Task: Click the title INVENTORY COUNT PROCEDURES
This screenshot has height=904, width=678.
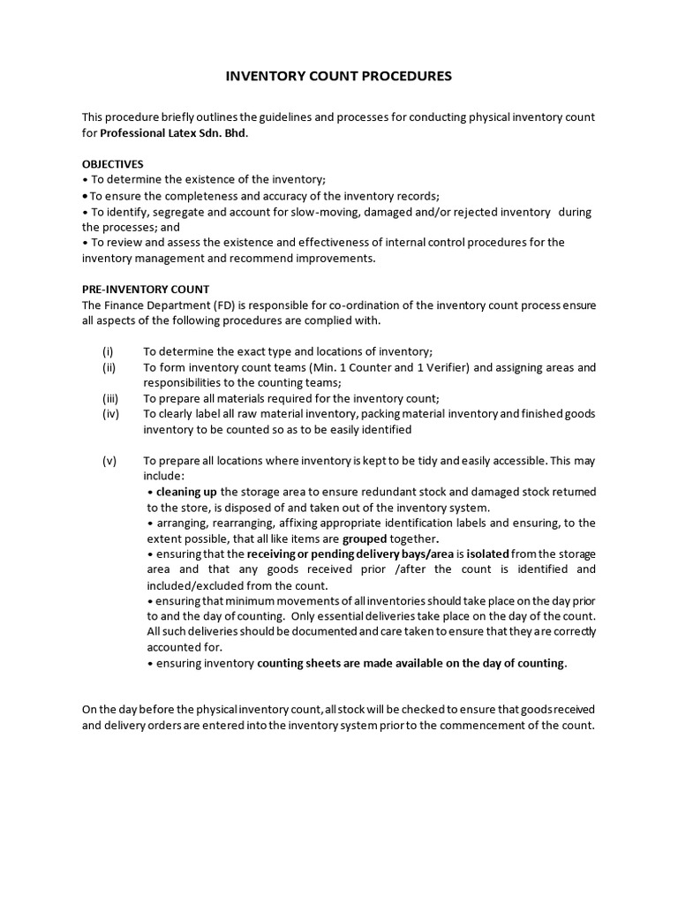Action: [x=339, y=77]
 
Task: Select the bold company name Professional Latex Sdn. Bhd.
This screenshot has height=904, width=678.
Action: [x=174, y=133]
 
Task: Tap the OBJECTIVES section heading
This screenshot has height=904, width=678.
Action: [x=113, y=164]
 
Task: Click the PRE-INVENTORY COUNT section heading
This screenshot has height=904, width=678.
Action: [x=146, y=289]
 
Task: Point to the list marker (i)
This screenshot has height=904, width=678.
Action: [x=108, y=350]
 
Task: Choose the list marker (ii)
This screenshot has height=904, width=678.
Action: [x=109, y=366]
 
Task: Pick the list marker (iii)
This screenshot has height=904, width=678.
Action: [x=109, y=398]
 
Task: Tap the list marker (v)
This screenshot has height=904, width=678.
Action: [x=109, y=461]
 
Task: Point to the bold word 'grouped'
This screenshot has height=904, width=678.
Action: [x=365, y=539]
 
